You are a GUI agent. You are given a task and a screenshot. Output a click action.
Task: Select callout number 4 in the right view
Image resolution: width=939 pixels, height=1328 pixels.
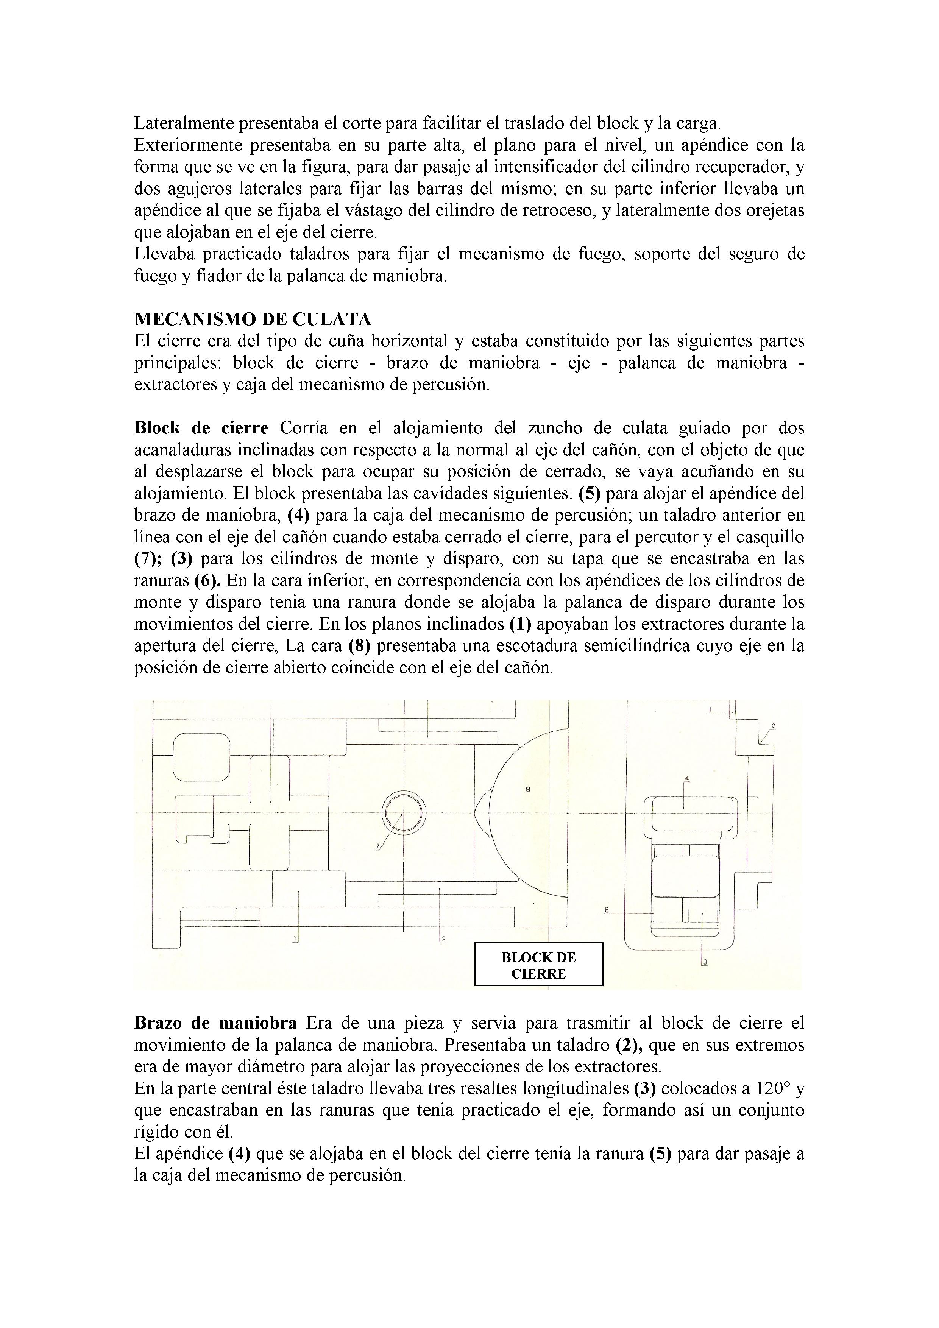pos(687,779)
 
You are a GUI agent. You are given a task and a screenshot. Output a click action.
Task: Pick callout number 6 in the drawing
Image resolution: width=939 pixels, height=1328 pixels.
pos(606,910)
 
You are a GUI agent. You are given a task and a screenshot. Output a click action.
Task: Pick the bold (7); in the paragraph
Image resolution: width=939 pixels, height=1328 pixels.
pos(149,559)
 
